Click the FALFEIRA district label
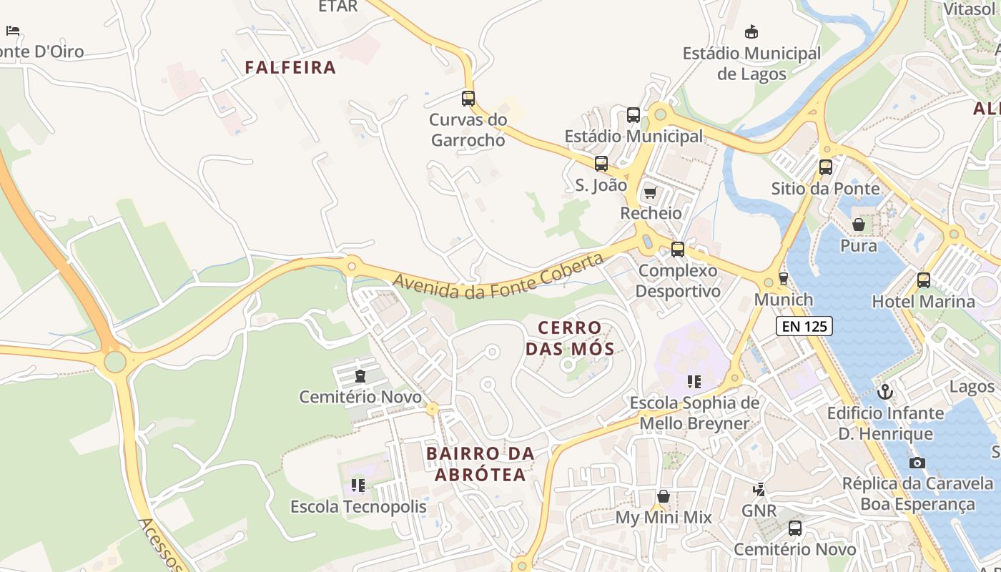point(290,67)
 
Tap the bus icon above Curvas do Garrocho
point(468,99)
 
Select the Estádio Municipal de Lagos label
point(751,64)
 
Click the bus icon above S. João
point(601,164)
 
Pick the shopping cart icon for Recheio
point(650,192)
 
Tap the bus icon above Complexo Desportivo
point(677,250)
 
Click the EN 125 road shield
point(804,326)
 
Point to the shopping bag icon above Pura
point(859,225)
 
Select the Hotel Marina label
point(923,301)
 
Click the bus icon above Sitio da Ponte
point(826,167)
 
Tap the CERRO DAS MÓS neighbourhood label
point(570,338)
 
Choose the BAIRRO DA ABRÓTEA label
point(480,464)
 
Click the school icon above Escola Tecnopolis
point(358,486)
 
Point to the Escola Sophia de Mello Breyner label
point(694,413)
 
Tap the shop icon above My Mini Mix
point(664,496)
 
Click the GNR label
point(759,511)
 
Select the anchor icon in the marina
point(885,392)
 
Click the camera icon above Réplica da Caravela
point(917,463)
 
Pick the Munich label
point(784,300)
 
